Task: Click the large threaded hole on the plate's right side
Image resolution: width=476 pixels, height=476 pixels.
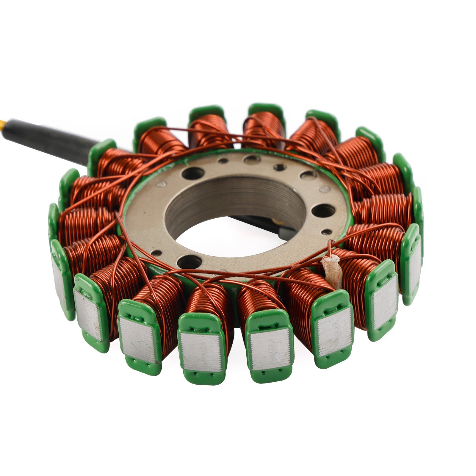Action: pos(324,210)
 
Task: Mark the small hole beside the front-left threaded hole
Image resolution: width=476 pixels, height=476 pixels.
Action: pos(156,253)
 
